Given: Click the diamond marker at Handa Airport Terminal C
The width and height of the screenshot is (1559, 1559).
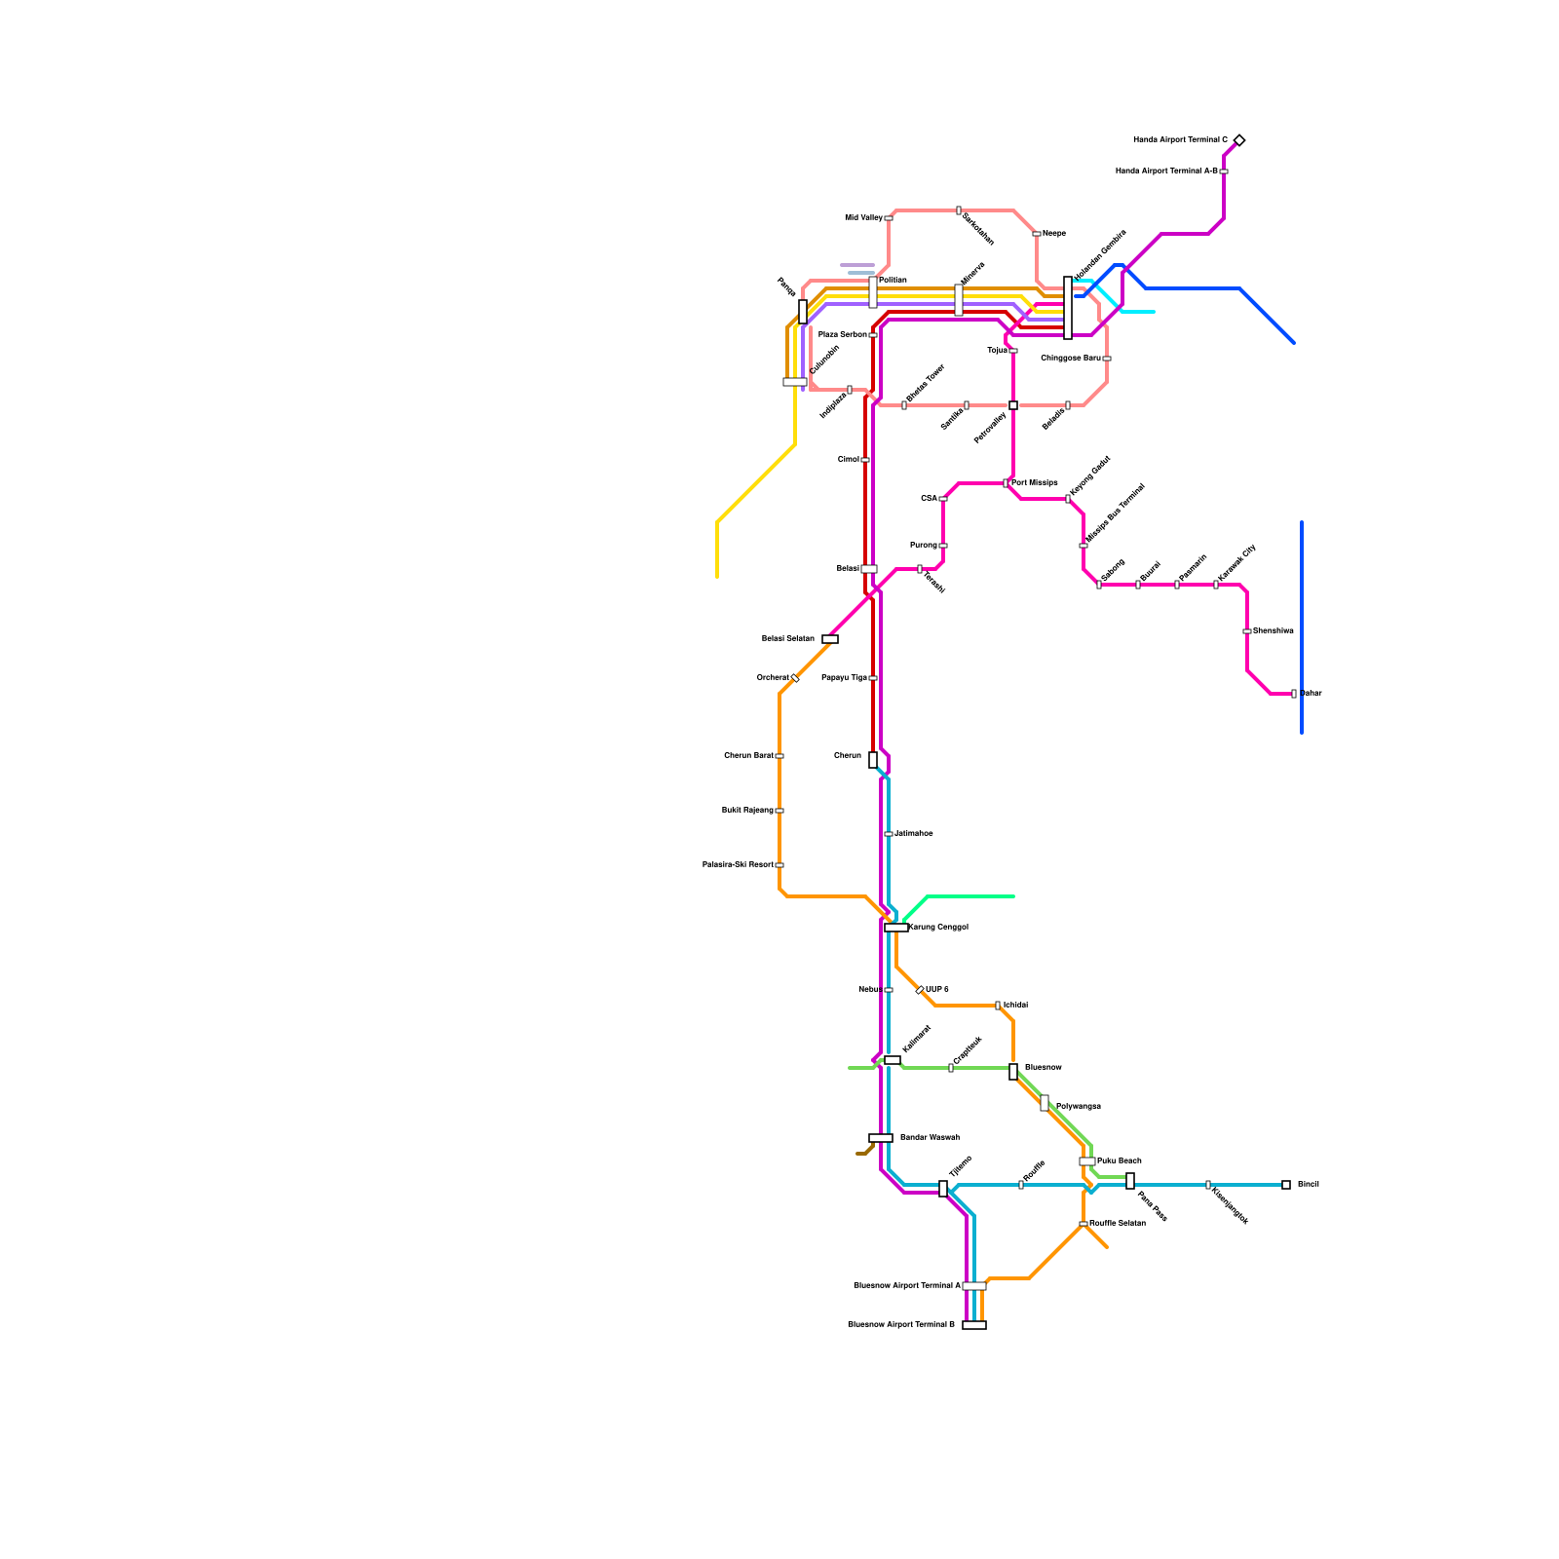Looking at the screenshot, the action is click(x=1238, y=140).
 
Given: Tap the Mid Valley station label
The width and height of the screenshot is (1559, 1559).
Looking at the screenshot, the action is click(x=863, y=218).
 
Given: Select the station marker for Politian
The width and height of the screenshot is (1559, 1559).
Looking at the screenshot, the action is click(x=873, y=292).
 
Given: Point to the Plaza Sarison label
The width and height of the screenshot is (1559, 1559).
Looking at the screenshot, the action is click(x=842, y=335).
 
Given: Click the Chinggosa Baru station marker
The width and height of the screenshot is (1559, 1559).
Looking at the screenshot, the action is click(x=1107, y=359).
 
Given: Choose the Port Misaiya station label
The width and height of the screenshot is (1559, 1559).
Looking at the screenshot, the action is click(x=1035, y=483).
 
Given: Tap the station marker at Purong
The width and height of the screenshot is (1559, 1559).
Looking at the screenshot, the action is click(x=943, y=546).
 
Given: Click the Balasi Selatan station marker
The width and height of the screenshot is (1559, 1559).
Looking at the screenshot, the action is click(x=830, y=639).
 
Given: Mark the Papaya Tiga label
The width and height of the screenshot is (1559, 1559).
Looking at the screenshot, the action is click(x=844, y=678).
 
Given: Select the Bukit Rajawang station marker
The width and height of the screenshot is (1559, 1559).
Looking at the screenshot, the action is click(x=779, y=811).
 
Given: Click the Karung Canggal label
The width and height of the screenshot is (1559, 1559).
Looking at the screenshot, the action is click(x=938, y=928).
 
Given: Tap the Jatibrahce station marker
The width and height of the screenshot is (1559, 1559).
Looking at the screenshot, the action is click(x=889, y=834).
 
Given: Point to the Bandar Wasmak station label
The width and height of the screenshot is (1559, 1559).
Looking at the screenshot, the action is click(x=930, y=1138).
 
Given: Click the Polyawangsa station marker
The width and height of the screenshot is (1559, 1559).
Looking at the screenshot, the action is click(x=1045, y=1103).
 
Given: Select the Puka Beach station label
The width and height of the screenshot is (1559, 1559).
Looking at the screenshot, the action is click(x=1119, y=1161).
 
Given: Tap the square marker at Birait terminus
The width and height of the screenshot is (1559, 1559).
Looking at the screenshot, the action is click(x=1286, y=1185).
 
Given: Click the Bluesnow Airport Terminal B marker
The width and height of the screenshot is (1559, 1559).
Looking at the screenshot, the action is click(x=974, y=1325).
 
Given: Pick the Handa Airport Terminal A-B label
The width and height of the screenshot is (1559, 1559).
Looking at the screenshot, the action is click(x=1166, y=171).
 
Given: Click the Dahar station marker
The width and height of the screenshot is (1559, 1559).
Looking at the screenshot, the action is click(x=1294, y=694).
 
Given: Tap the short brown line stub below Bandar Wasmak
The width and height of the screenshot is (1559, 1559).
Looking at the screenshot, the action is click(x=864, y=1152).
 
